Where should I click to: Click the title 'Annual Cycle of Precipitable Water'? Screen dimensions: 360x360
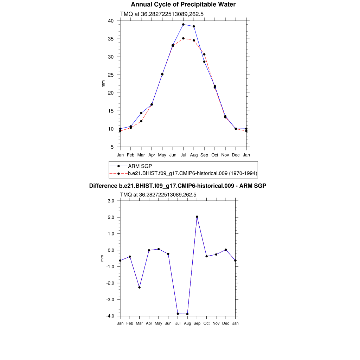[x=183, y=5]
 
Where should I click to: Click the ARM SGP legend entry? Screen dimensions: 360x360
[x=140, y=166]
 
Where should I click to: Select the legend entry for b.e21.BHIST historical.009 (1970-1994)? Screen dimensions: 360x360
[x=193, y=173]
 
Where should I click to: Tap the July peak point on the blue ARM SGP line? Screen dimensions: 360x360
[x=183, y=25]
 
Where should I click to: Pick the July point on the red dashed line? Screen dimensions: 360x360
[x=183, y=38]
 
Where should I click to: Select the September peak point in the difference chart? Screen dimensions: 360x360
[x=197, y=217]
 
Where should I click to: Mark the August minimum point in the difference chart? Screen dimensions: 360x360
[x=187, y=314]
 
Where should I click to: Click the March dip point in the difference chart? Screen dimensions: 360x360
[x=140, y=287]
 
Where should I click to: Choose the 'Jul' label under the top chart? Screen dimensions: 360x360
[x=183, y=155]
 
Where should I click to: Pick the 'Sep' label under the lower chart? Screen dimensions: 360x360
[x=197, y=323]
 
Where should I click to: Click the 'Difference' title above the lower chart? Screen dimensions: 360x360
[x=178, y=186]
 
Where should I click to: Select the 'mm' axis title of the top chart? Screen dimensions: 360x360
[x=103, y=84]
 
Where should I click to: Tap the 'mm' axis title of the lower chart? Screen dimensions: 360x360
[x=102, y=258]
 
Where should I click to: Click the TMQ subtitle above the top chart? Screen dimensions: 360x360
[x=162, y=14]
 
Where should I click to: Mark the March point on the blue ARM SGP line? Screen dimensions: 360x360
[x=141, y=113]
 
